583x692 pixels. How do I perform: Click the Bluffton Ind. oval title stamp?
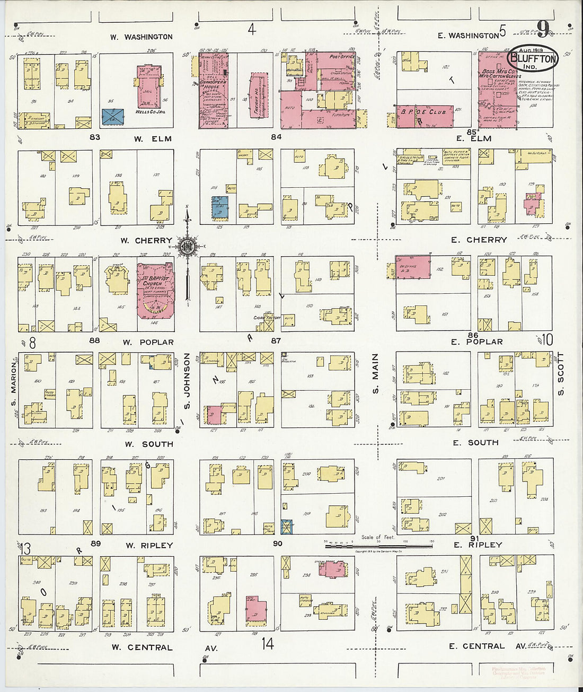[x=533, y=58]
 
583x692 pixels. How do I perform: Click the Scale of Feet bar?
[x=379, y=545]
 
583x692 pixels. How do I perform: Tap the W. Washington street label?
[x=142, y=37]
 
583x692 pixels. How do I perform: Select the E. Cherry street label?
[x=479, y=240]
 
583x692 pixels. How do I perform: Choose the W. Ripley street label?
[x=149, y=546]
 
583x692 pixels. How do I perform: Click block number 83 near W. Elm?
[x=95, y=137]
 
